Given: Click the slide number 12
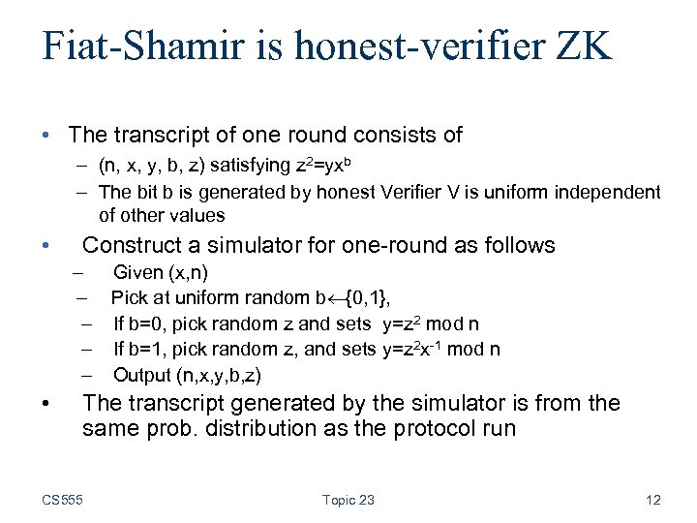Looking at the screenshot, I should (x=652, y=500).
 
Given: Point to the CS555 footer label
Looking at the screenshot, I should (x=63, y=500).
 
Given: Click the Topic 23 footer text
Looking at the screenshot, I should (x=348, y=500).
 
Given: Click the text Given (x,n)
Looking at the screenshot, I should (x=161, y=273).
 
